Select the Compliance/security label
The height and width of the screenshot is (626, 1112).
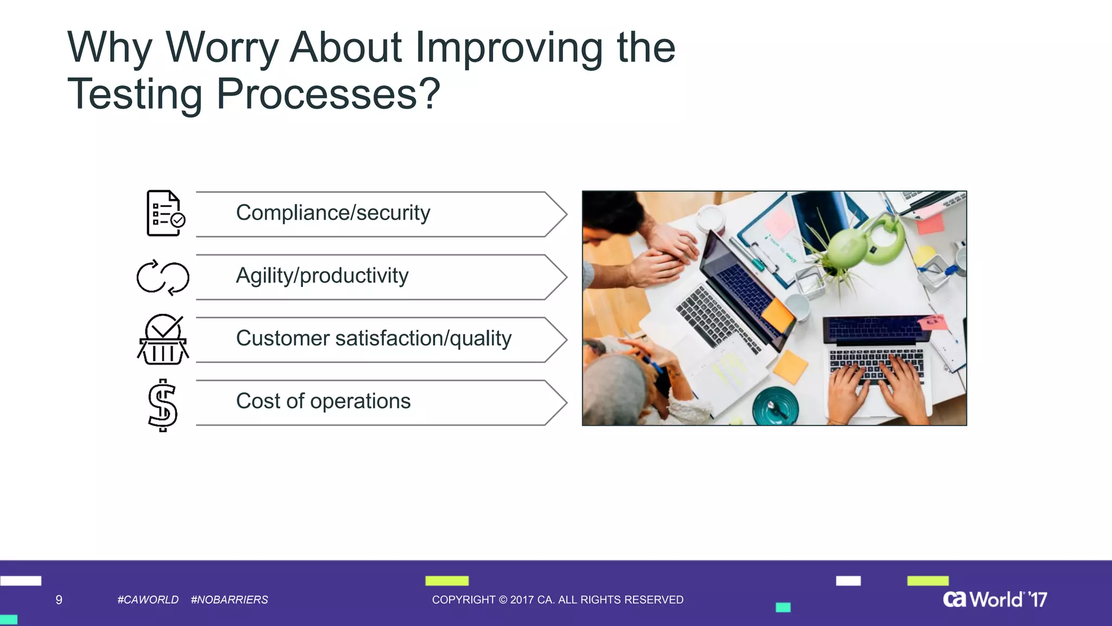333,213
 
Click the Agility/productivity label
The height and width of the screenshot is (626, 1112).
322,276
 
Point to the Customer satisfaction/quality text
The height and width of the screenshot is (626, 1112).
374,339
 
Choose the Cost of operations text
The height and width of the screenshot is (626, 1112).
323,402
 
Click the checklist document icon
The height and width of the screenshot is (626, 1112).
165,214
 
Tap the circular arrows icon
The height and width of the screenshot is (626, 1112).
163,277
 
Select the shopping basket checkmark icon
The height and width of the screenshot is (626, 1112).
163,340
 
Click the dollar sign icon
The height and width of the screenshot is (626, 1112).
163,405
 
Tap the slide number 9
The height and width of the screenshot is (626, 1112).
59,600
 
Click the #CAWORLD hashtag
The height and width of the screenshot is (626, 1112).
148,600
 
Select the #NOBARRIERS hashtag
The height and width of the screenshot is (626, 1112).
229,600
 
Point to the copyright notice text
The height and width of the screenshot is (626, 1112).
558,600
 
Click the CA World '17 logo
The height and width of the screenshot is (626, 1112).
995,599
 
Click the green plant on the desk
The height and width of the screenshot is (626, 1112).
850,247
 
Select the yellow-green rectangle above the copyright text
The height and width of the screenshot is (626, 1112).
446,581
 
